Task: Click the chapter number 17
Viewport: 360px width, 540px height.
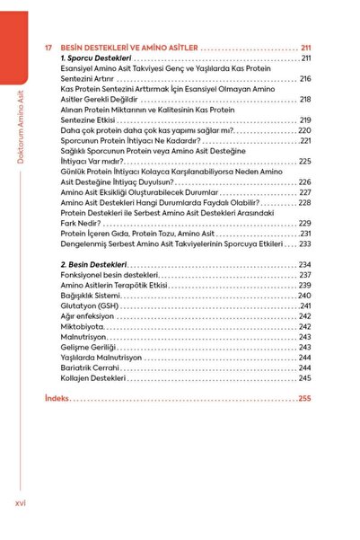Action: click(48, 48)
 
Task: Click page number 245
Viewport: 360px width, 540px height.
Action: click(304, 378)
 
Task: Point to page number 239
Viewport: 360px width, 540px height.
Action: click(304, 285)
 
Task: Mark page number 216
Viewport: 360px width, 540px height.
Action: click(304, 79)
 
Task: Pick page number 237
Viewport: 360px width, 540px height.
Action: click(304, 275)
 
